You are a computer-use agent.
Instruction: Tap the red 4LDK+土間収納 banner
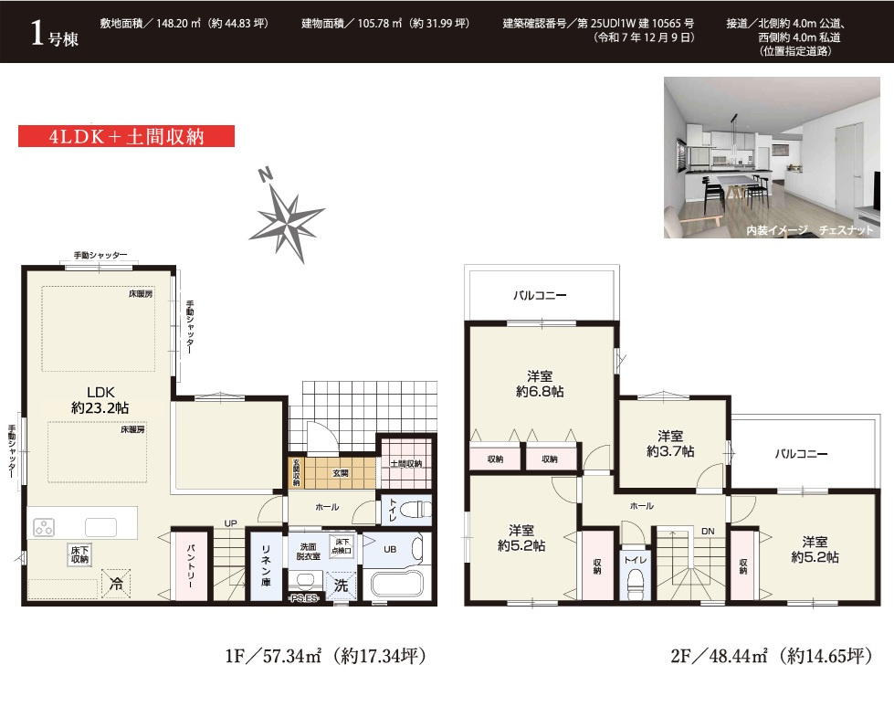click(126, 136)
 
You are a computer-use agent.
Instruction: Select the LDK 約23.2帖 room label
click(100, 400)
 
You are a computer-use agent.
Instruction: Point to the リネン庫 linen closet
click(266, 565)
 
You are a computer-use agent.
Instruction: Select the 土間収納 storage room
click(406, 463)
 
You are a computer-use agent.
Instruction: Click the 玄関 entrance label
click(341, 472)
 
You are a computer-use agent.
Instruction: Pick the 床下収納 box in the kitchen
click(79, 554)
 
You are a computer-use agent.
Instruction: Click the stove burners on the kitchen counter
click(44, 528)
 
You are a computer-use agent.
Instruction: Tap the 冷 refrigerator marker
click(116, 584)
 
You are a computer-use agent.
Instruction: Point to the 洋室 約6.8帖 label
click(540, 384)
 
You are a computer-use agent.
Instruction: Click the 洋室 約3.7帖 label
click(670, 444)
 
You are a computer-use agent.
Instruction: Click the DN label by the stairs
click(708, 531)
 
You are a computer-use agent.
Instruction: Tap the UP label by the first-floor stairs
click(230, 522)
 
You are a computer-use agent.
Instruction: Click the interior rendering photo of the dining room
click(772, 157)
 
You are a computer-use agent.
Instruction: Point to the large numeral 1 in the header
click(37, 32)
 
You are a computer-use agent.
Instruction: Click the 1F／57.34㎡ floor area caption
click(326, 656)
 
